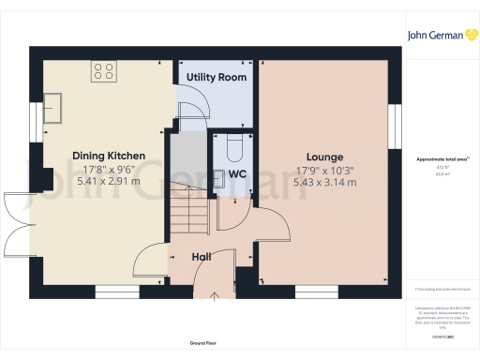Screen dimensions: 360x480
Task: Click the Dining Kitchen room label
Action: point(110,156)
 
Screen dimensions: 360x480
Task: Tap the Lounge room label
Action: point(324,157)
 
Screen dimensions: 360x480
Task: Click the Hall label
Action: point(202,256)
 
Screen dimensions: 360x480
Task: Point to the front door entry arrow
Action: point(217,299)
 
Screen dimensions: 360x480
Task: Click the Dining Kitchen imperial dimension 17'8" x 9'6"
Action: point(110,169)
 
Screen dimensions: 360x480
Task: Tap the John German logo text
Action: point(434,36)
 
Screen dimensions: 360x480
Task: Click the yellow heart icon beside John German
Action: point(468,36)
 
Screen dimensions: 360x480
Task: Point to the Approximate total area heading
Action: point(437,159)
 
